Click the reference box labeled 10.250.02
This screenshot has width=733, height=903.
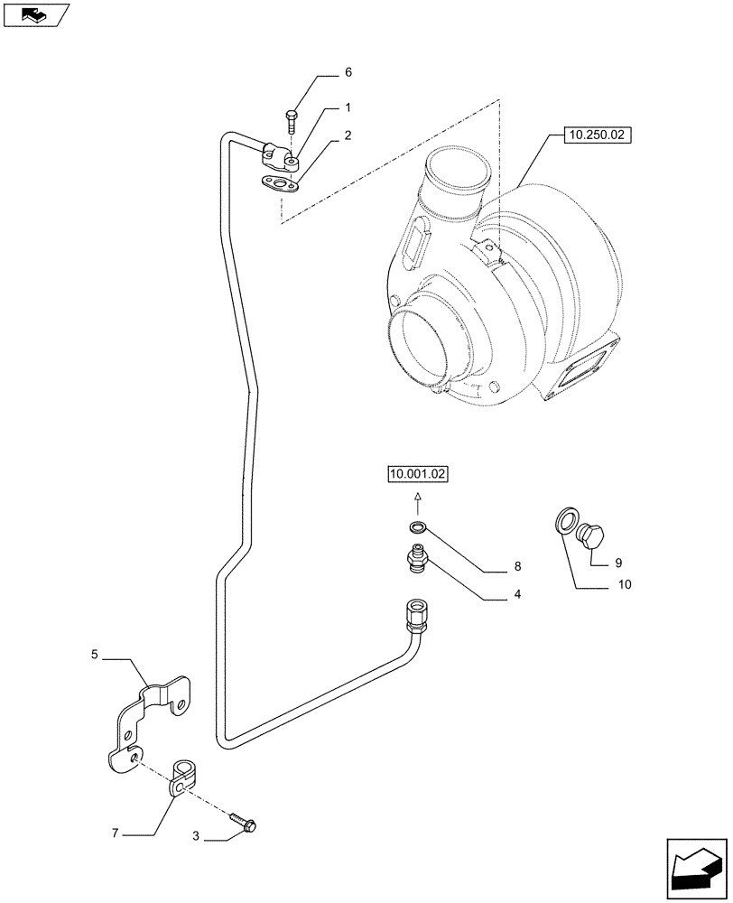pyautogui.click(x=598, y=136)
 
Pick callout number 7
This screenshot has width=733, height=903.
pyautogui.click(x=115, y=833)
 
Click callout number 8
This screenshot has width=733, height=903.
pyautogui.click(x=517, y=567)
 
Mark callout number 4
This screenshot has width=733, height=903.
pyautogui.click(x=517, y=594)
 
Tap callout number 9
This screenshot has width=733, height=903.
pyautogui.click(x=618, y=562)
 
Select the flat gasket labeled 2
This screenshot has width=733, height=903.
pyautogui.click(x=280, y=186)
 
